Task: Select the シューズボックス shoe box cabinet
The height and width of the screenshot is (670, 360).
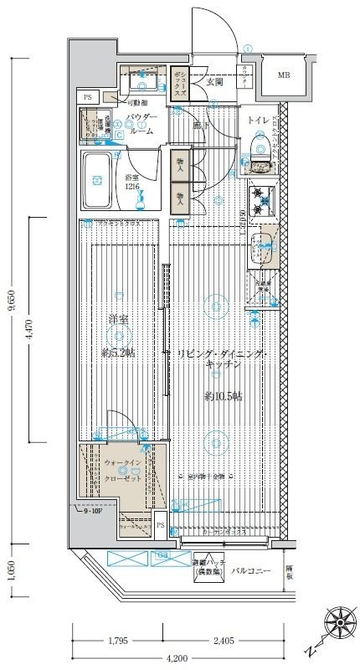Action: pyautogui.click(x=178, y=84)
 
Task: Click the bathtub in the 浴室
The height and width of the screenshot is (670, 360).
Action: pyautogui.click(x=98, y=181)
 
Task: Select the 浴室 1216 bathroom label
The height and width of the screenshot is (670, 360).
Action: pyautogui.click(x=132, y=183)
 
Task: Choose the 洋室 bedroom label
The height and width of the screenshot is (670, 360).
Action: pyautogui.click(x=118, y=319)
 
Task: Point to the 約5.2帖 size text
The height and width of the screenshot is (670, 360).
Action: pyautogui.click(x=118, y=353)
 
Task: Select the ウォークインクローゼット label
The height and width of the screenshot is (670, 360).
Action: pyautogui.click(x=122, y=470)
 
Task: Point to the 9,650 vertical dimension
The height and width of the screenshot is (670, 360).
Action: pyautogui.click(x=11, y=301)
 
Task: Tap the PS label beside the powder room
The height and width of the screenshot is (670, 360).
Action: pyautogui.click(x=87, y=98)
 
